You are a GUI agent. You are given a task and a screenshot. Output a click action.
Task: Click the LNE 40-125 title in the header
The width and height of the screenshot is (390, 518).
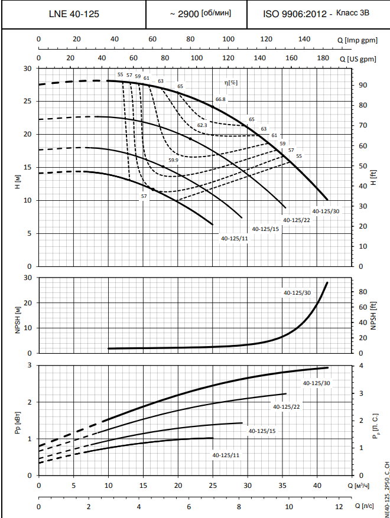point(74,13)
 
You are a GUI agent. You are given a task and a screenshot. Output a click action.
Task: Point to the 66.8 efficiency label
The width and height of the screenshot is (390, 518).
point(221,99)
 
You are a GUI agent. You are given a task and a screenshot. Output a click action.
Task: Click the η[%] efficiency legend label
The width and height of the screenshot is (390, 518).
point(231,82)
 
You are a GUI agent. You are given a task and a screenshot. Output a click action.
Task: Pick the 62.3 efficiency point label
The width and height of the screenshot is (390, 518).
point(202,125)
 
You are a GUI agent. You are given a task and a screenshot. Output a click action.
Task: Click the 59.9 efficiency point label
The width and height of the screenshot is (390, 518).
point(173,160)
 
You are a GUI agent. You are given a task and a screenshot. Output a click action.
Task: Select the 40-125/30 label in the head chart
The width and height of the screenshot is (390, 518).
point(326,211)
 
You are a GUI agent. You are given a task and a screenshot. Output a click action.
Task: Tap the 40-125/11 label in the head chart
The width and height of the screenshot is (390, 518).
point(234,239)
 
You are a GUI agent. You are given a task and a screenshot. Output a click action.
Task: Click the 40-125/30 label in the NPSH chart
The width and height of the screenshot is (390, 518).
point(297,292)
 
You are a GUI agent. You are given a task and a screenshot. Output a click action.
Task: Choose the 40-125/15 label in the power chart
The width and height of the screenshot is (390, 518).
point(262,431)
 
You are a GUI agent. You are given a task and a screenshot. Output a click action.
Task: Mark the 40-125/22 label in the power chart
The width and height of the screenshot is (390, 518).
point(287,406)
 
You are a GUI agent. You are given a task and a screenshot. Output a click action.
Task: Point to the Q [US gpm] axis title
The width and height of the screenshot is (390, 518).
point(357,59)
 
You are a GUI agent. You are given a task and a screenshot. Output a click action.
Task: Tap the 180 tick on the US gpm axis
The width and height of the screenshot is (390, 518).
point(323,58)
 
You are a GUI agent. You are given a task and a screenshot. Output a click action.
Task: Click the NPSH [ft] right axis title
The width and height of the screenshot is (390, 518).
point(373,314)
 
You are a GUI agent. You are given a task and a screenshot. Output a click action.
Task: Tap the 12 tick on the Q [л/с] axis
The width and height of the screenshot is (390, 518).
point(339,507)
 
